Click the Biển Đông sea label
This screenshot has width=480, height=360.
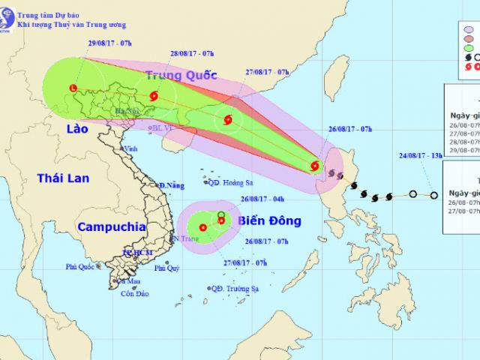[x=269, y=220]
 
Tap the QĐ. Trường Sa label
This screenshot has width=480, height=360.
[x=239, y=288]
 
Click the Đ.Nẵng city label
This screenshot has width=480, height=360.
[x=172, y=184]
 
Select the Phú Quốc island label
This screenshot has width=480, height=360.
[x=82, y=266]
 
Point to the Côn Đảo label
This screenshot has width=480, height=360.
[x=133, y=293]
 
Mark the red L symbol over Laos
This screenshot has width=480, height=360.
[x=72, y=88]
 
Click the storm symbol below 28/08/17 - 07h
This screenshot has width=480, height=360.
[x=154, y=96]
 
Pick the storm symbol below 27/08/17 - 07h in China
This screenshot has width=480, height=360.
[x=227, y=118]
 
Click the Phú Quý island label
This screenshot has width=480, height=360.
[x=169, y=268]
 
